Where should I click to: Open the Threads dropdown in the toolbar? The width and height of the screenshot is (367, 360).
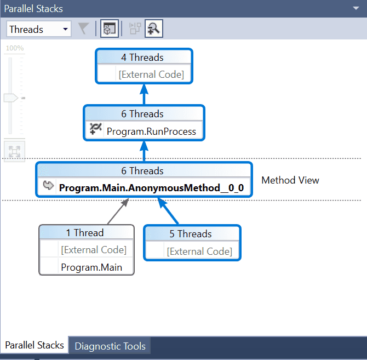click(x=39, y=29)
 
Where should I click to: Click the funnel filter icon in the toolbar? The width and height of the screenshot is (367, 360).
click(x=83, y=29)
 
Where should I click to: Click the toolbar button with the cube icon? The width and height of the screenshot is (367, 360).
click(x=110, y=28)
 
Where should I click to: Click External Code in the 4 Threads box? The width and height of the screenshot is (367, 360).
click(x=151, y=75)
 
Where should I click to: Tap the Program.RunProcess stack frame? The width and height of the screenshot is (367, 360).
click(x=151, y=132)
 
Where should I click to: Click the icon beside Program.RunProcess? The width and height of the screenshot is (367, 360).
click(x=95, y=129)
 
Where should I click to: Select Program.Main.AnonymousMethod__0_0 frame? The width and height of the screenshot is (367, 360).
click(x=151, y=188)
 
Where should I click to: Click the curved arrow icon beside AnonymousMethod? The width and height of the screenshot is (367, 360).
click(x=48, y=186)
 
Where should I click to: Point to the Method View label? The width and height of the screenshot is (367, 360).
click(x=290, y=180)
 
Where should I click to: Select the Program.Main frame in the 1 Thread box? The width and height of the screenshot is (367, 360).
click(x=91, y=267)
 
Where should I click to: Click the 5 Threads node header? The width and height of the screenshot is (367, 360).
click(x=191, y=234)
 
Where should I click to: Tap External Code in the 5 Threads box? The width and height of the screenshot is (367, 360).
click(x=199, y=252)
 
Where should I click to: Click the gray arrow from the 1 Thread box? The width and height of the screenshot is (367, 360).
click(x=118, y=211)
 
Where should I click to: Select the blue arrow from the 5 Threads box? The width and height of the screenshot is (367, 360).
click(x=168, y=211)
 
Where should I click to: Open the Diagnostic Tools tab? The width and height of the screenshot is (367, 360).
click(x=110, y=346)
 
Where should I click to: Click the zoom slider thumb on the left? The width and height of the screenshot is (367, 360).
click(x=11, y=98)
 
